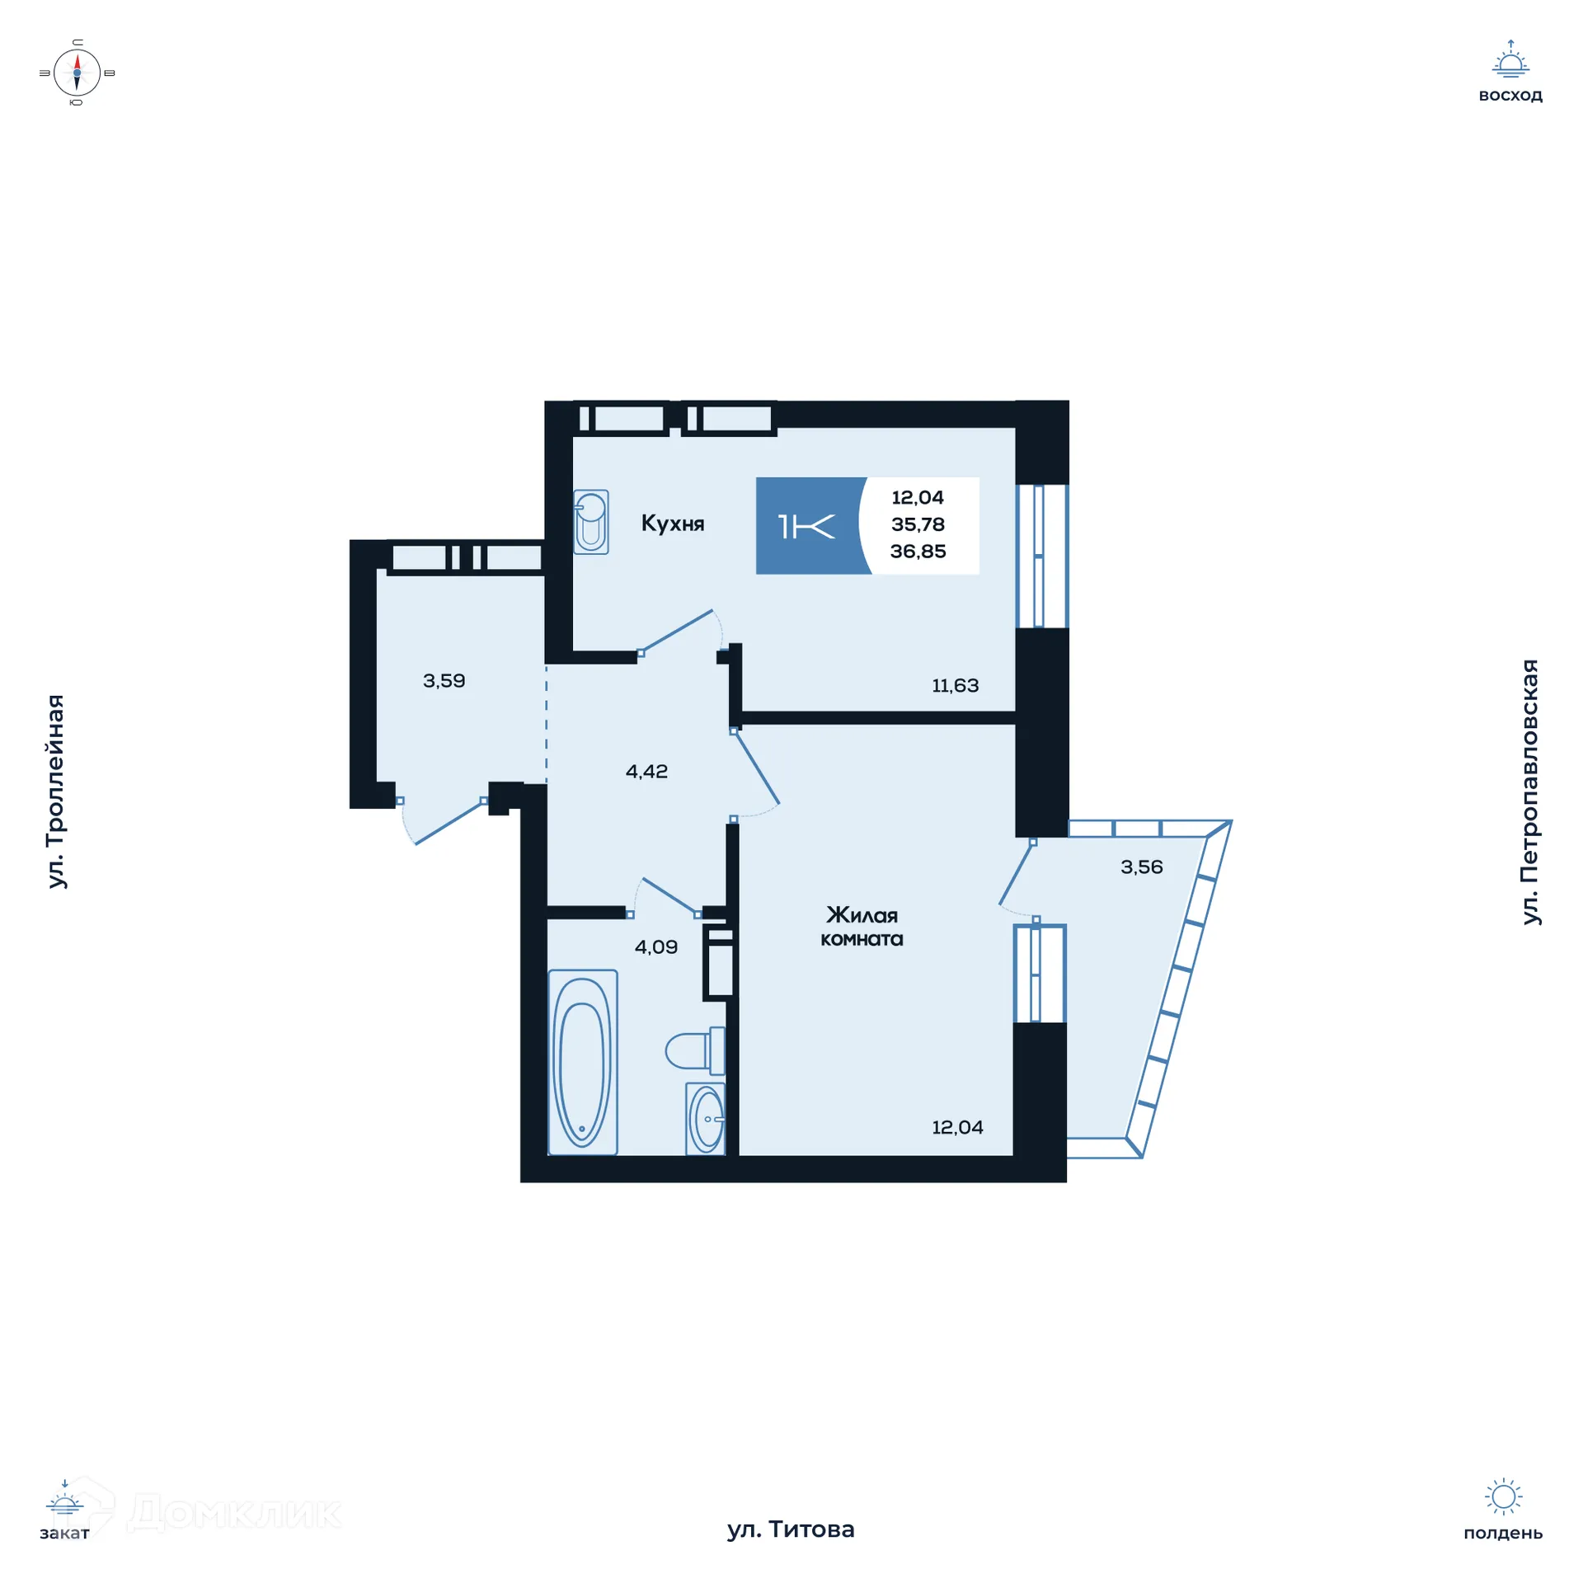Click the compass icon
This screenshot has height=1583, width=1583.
coord(77,73)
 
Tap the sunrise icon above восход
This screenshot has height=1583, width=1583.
coord(1510,59)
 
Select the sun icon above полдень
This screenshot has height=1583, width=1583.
coord(1502,1496)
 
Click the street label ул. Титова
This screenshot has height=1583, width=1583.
coord(790,1529)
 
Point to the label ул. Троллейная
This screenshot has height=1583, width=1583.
coord(55,791)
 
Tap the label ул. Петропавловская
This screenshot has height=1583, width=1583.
coord(1529,791)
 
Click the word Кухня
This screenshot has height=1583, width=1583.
coord(672,524)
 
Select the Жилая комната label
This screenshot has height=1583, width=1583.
coord(862,927)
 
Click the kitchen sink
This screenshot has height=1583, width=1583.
coord(591,522)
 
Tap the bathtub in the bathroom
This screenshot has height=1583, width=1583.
coord(582,1062)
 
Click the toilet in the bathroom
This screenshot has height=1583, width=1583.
coord(695,1051)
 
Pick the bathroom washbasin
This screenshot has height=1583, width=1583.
coord(705,1119)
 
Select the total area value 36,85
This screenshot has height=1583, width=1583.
coord(918,552)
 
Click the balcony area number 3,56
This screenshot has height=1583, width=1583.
coord(1141,867)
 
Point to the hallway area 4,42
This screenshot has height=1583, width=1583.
coord(646,771)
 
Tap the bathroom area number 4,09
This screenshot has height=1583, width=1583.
coord(655,947)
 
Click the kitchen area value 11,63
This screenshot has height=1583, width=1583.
coord(955,685)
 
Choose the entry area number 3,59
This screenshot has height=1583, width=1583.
coord(444,680)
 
